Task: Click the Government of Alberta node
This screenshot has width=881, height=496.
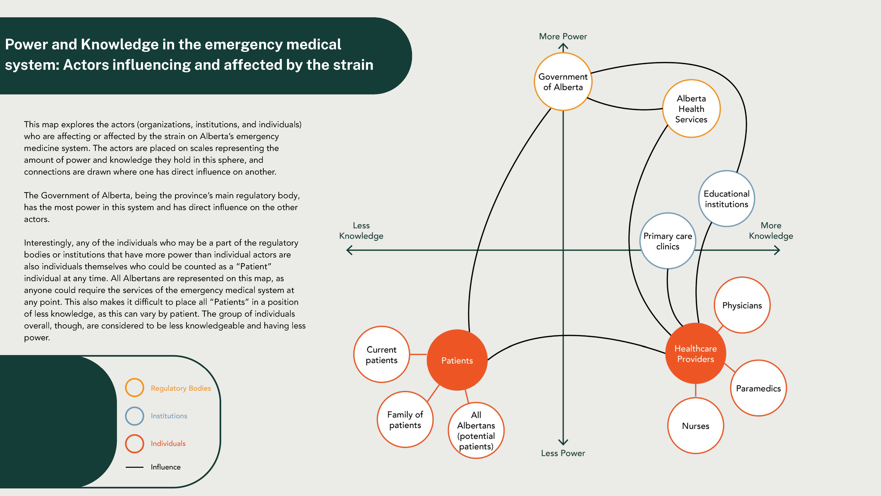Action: pos(563,82)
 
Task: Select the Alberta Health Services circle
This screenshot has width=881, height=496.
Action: pos(691,109)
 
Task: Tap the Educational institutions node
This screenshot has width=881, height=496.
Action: pos(726,199)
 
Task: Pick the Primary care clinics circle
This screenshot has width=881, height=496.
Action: pos(667,241)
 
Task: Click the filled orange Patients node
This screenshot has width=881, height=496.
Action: pos(457,360)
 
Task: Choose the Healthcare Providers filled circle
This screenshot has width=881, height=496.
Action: pos(695,353)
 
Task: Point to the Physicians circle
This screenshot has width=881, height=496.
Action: pos(742,305)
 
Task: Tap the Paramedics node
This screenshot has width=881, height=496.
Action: pos(758,388)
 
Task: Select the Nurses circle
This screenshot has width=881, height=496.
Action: pos(695,425)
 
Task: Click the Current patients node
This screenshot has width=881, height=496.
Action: pos(381,355)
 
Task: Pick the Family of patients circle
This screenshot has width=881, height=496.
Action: pos(405,419)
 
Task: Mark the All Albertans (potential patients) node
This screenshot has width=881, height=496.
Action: pos(476,430)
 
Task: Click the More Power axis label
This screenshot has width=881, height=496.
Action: pos(563,36)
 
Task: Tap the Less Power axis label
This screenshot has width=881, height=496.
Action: pos(563,453)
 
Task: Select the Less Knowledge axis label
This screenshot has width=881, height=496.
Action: pos(361,231)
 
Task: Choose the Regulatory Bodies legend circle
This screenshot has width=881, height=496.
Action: pos(134,388)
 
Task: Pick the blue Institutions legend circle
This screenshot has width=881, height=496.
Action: pos(134,416)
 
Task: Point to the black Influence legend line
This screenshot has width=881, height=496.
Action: pos(134,467)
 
